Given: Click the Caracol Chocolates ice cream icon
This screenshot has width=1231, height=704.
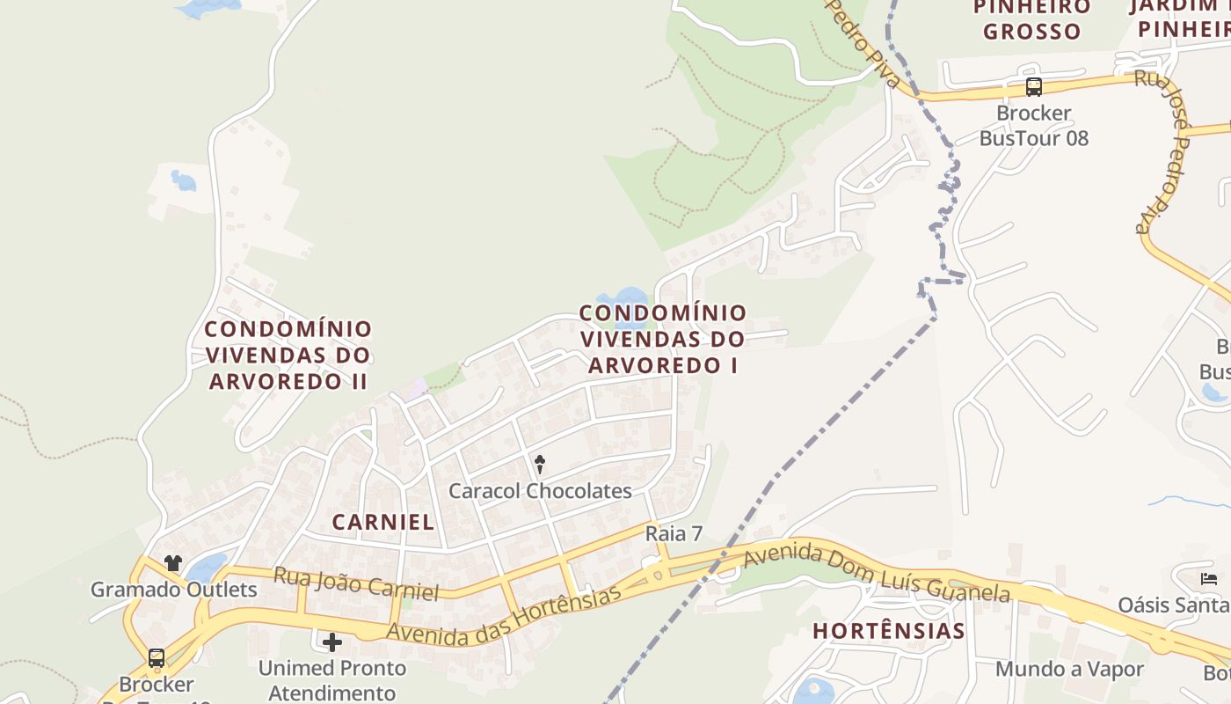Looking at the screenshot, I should pyautogui.click(x=540, y=463).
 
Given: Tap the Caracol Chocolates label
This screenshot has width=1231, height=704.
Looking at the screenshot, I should pyautogui.click(x=540, y=491).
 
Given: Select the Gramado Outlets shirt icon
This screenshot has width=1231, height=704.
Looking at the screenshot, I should pyautogui.click(x=172, y=563).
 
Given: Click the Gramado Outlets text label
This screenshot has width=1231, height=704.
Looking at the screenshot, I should pyautogui.click(x=174, y=590).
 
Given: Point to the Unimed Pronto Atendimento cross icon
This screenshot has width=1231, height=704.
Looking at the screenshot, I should pyautogui.click(x=331, y=642).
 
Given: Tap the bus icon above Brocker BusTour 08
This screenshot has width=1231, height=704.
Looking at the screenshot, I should pyautogui.click(x=1034, y=87).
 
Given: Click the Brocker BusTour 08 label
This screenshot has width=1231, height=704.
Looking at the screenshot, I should pyautogui.click(x=1034, y=126).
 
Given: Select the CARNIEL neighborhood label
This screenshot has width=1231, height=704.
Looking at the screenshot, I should pyautogui.click(x=383, y=522).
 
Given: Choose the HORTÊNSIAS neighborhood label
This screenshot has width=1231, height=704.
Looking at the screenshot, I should pyautogui.click(x=889, y=631).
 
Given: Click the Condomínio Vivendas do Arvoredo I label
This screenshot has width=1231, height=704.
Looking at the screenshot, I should pyautogui.click(x=663, y=339).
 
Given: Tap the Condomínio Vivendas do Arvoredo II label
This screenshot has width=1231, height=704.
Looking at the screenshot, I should pyautogui.click(x=288, y=356).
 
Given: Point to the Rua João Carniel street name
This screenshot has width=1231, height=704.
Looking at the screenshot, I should pyautogui.click(x=356, y=584).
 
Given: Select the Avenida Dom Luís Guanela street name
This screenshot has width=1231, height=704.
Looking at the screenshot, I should pyautogui.click(x=877, y=573).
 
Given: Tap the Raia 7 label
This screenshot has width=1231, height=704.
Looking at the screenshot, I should pyautogui.click(x=674, y=533).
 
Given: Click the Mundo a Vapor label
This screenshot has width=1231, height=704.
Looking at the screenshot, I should pyautogui.click(x=1069, y=669).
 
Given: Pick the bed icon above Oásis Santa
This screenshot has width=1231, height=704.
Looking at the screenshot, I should pyautogui.click(x=1209, y=579).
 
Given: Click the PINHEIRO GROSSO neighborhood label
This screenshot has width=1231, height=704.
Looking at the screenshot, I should pyautogui.click(x=1031, y=19).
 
